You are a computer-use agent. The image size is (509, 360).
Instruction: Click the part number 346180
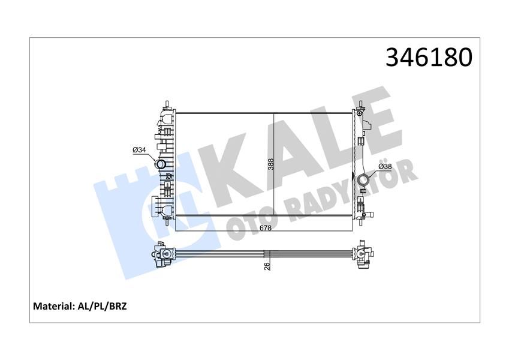pyautogui.click(x=429, y=57)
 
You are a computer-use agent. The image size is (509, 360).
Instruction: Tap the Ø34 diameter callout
pyautogui.click(x=139, y=149)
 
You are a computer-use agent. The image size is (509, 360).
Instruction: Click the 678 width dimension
pyautogui.click(x=265, y=227)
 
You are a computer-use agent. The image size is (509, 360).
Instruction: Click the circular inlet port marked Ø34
pyautogui.click(x=161, y=164)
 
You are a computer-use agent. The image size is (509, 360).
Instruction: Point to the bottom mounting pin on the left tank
pyautogui.click(x=165, y=221)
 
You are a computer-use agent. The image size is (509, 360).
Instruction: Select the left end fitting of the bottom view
pyautogui.click(x=163, y=254)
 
